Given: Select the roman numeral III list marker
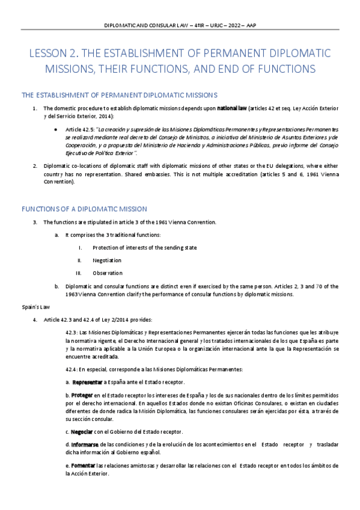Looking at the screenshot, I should (x=78, y=273).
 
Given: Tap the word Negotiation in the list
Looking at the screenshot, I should (x=107, y=260).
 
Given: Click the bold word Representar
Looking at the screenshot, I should (x=87, y=382).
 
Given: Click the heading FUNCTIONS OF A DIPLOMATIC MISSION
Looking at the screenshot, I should (x=84, y=209).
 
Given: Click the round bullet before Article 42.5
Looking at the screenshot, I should (x=56, y=129).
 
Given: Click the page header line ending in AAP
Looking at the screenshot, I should (x=180, y=26).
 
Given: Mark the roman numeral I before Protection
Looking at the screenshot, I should (x=80, y=248).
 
